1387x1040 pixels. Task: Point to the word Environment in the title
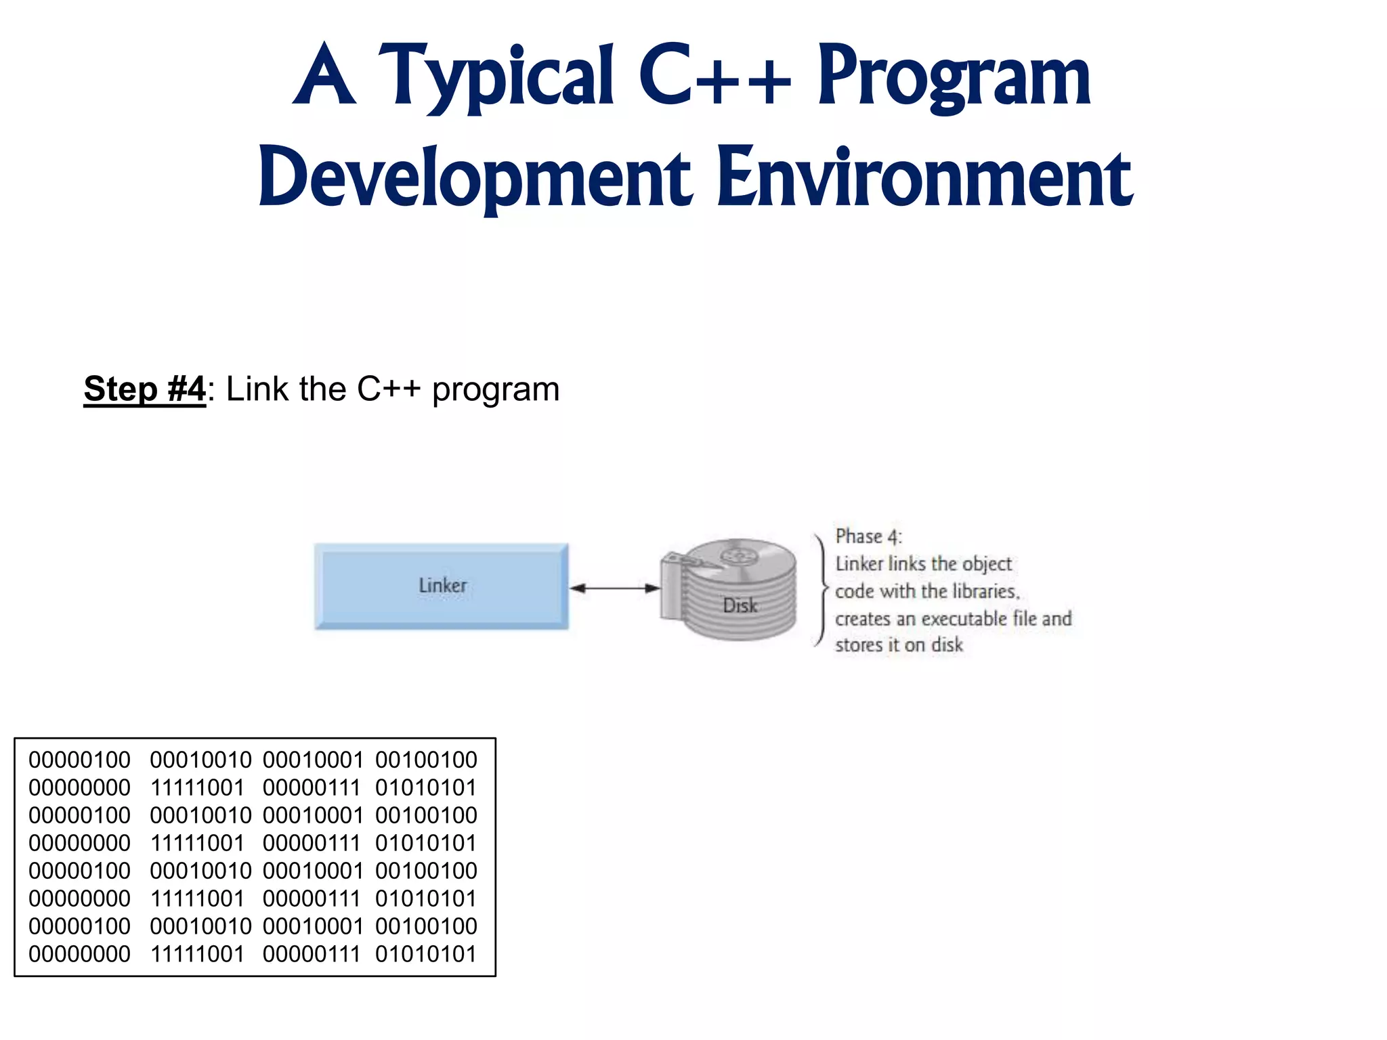(924, 178)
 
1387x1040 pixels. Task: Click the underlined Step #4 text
(144, 389)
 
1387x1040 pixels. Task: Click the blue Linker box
(442, 586)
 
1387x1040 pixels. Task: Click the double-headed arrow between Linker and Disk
(614, 588)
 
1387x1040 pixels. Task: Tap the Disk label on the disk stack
(740, 605)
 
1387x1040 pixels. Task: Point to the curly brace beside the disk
(821, 590)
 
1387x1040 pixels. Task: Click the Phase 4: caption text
(868, 536)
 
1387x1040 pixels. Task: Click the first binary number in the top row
(79, 760)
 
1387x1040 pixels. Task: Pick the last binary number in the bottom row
(426, 954)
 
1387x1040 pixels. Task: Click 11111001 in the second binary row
(197, 787)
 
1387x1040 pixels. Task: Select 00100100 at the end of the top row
(426, 760)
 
